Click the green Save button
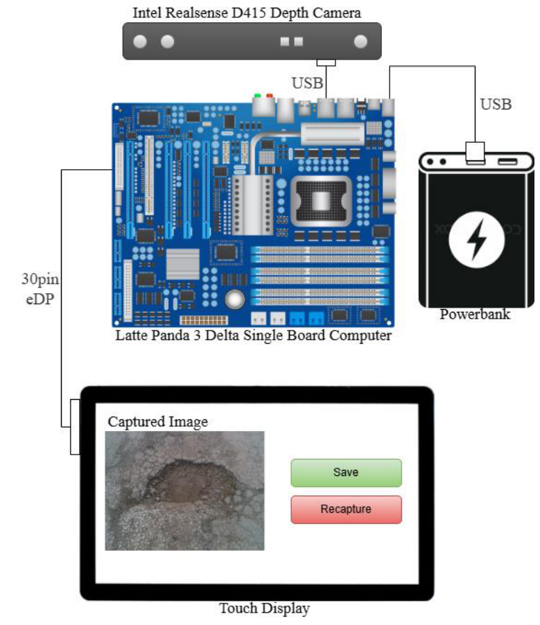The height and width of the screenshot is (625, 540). pos(346,473)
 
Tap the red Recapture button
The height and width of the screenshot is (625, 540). pos(346,509)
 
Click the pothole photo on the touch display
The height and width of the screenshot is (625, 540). pos(184,491)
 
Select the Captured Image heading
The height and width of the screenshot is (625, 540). pos(158,421)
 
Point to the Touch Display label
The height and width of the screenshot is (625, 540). pos(264,608)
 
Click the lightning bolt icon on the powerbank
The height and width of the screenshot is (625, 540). pos(477,240)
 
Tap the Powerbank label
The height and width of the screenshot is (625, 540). pos(475,314)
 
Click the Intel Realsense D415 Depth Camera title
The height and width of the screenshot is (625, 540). pos(247,12)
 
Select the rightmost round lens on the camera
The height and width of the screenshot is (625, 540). pos(360,42)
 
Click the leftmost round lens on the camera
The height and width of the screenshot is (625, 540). pos(140,42)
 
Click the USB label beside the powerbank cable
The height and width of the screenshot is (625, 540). pos(496,105)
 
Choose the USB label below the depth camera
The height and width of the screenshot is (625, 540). pos(307,83)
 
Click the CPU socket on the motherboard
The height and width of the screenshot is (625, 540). pos(321,201)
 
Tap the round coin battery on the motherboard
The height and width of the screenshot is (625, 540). pos(235,299)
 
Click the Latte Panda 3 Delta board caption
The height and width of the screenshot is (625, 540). pos(254,335)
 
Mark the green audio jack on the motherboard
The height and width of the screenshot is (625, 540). pos(257,96)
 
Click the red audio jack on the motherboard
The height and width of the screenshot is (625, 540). pos(270,96)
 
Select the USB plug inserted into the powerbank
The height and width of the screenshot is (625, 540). pos(475,152)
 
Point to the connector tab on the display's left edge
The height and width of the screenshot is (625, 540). pos(75,427)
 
